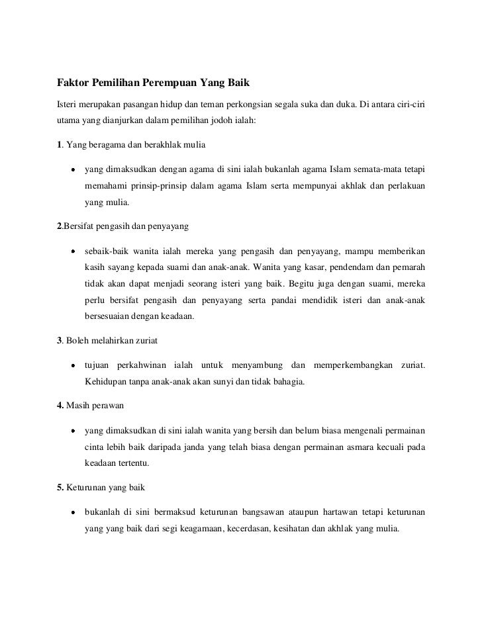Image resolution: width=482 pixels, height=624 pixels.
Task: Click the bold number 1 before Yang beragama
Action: click(59, 146)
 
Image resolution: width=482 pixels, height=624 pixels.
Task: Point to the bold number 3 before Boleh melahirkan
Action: click(59, 341)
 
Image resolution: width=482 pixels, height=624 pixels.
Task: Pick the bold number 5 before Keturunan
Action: click(59, 488)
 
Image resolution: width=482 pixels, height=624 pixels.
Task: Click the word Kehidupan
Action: click(106, 382)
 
